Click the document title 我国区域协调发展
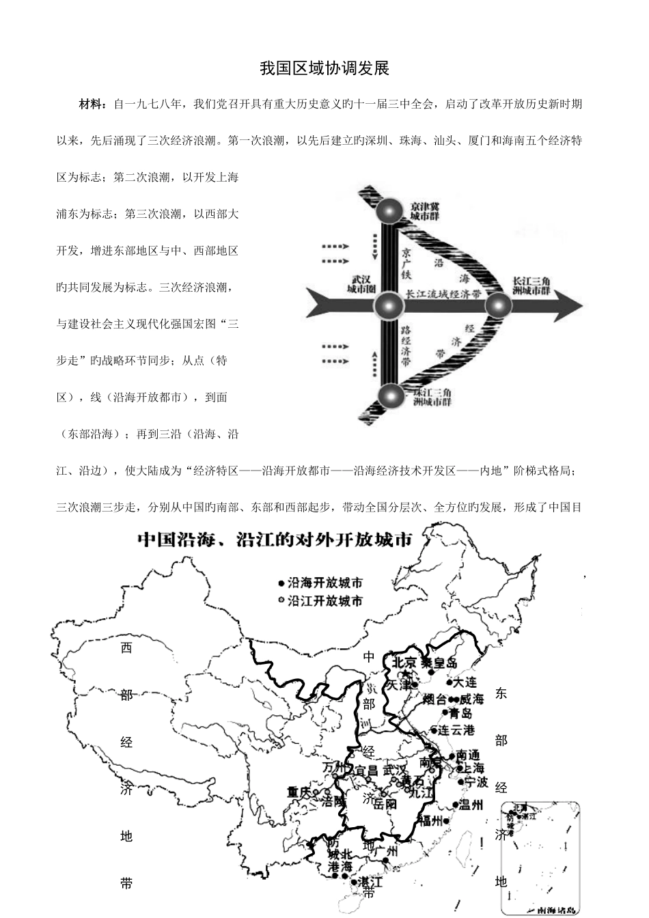324,69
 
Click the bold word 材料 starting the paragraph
92,105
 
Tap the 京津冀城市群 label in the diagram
425,210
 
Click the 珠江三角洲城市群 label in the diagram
432,398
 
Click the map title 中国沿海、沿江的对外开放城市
276,540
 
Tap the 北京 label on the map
404,662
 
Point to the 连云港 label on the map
456,729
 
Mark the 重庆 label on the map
299,792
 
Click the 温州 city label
471,805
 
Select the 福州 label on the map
434,820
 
